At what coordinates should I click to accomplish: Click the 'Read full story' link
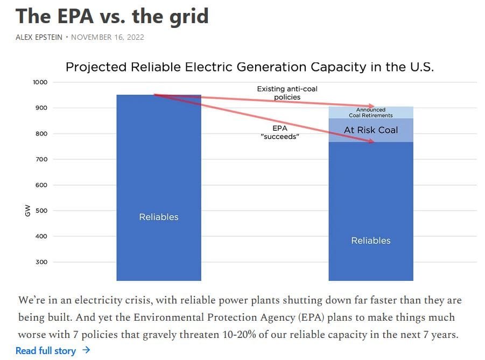point(46,351)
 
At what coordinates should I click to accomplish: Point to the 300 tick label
point(42,262)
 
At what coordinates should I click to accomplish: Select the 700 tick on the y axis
point(42,159)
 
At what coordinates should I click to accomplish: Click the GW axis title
point(27,210)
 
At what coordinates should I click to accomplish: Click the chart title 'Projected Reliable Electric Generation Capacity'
point(249,67)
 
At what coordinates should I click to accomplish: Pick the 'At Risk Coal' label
point(371,130)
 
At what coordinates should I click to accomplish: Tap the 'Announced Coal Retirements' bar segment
point(371,112)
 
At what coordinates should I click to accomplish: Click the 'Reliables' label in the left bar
point(159,217)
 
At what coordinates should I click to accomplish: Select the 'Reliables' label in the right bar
point(371,241)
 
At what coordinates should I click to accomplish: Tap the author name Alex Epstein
point(40,37)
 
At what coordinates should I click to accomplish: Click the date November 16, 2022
point(108,37)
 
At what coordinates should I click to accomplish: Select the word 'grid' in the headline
point(185,16)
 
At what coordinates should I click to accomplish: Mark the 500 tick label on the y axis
point(42,210)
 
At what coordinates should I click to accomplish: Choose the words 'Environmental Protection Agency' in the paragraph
point(204,317)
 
